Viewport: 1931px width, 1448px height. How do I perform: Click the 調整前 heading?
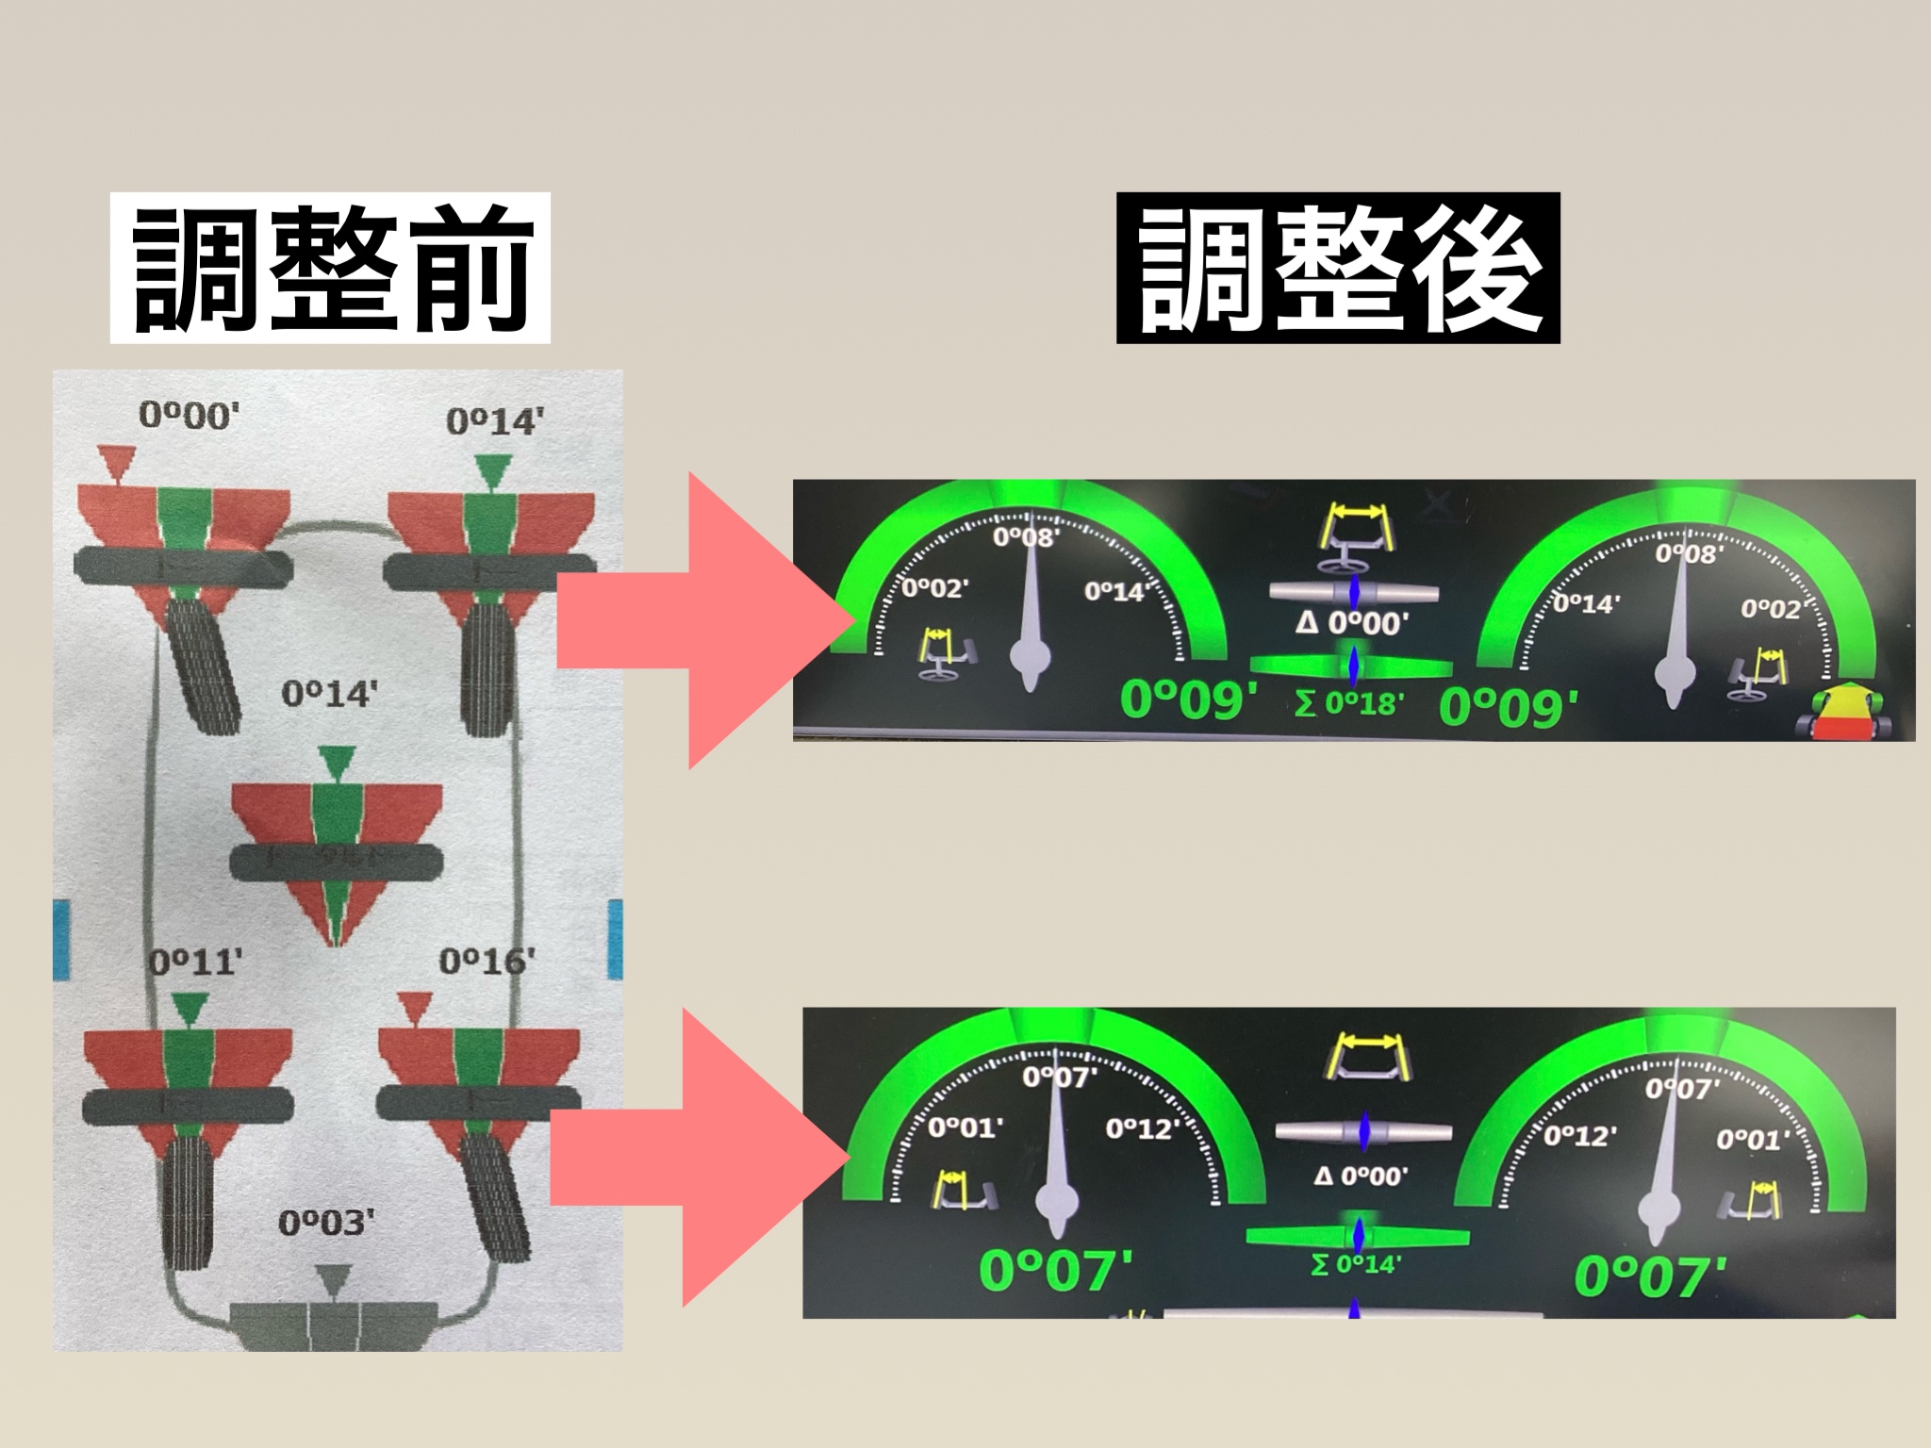click(330, 268)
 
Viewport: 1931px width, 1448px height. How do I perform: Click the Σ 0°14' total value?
click(1355, 1264)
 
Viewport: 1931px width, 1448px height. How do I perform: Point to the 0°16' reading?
click(487, 962)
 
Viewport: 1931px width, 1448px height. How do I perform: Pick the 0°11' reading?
click(196, 963)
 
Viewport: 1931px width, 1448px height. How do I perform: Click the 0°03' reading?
click(326, 1223)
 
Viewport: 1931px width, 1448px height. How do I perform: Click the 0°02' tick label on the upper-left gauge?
click(934, 589)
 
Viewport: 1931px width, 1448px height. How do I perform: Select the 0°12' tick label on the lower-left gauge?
click(1143, 1128)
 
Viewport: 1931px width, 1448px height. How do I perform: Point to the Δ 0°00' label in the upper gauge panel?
click(1353, 623)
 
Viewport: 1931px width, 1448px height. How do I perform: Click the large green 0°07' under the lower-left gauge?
click(1056, 1269)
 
